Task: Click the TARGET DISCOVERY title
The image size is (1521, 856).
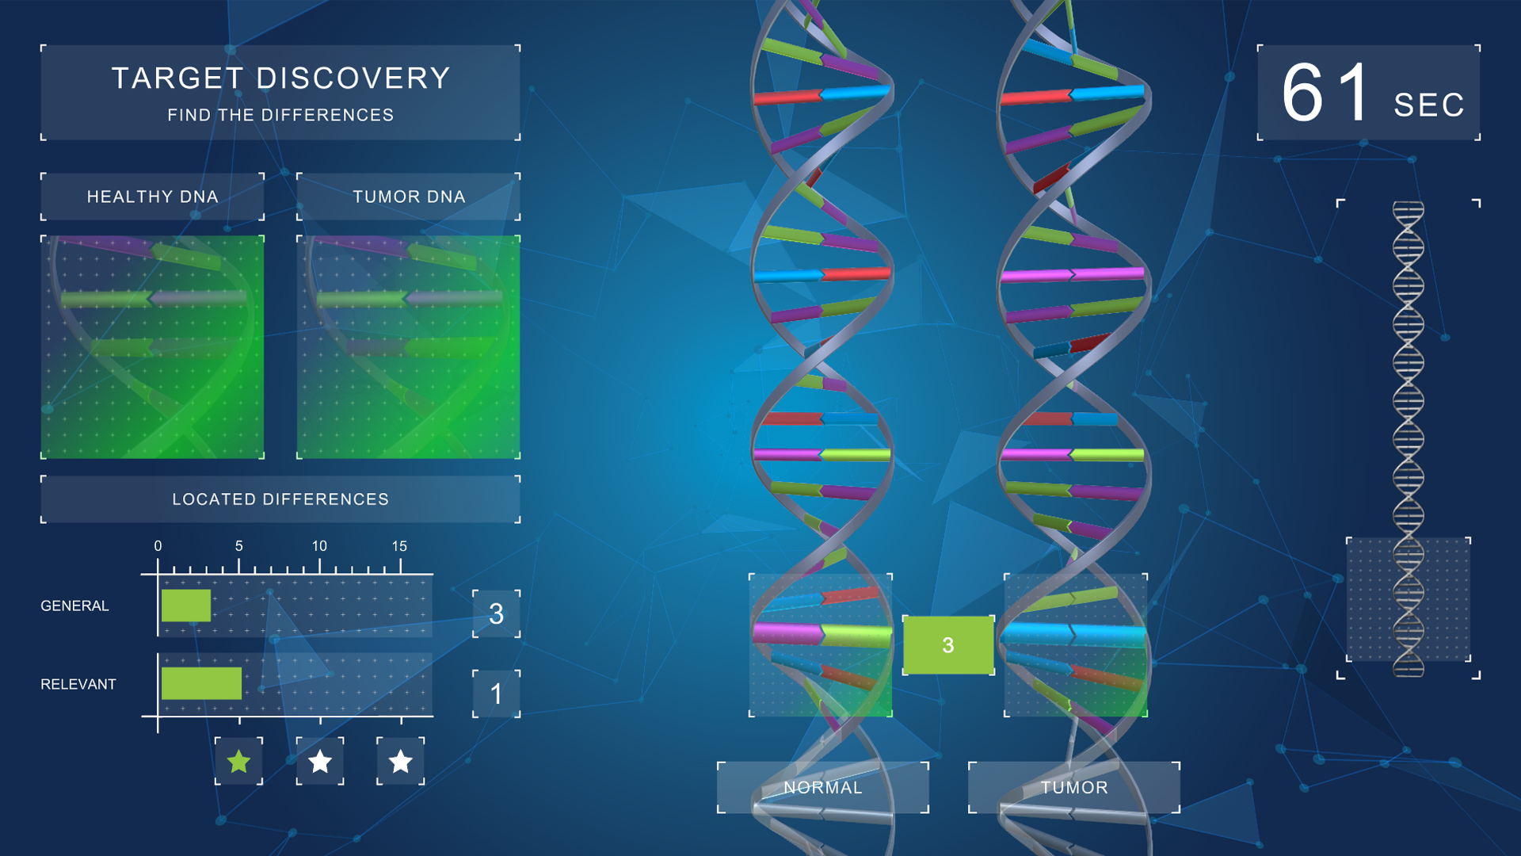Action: tap(280, 78)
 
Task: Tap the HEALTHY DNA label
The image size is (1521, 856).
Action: tap(152, 197)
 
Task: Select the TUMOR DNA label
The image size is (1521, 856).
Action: tap(409, 197)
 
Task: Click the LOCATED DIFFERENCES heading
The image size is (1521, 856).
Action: tap(280, 499)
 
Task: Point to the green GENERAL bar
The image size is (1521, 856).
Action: tap(186, 606)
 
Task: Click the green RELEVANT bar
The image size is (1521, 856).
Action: tap(201, 683)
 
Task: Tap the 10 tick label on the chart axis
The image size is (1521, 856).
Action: tap(319, 546)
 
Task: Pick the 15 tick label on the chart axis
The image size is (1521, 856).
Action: tap(399, 546)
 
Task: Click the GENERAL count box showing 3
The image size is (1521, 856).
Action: tap(497, 613)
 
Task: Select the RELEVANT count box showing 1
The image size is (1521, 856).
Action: tap(497, 694)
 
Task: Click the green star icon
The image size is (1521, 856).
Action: tap(238, 762)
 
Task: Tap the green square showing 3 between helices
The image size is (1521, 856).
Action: tap(948, 645)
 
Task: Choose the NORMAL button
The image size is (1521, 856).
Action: tap(823, 788)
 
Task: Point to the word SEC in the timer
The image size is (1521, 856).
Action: tap(1429, 105)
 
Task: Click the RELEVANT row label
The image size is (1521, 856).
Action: tap(78, 684)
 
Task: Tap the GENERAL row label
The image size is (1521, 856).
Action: tap(74, 606)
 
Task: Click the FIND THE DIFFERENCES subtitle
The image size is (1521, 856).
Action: tap(280, 115)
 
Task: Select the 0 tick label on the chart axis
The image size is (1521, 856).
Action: tap(158, 546)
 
